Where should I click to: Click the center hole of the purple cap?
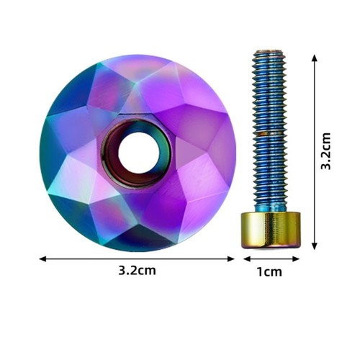coord(139,153)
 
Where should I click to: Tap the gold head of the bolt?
coord(271,230)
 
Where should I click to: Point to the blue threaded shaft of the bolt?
coord(269,131)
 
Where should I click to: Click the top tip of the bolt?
coord(269,50)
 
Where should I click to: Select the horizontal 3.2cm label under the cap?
coord(137,271)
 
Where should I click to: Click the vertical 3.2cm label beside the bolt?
coord(325,151)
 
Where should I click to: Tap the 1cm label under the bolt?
coord(269,272)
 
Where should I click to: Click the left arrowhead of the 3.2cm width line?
coord(42,259)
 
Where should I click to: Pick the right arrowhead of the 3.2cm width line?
coord(231,259)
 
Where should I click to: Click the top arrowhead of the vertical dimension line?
coord(315,58)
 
